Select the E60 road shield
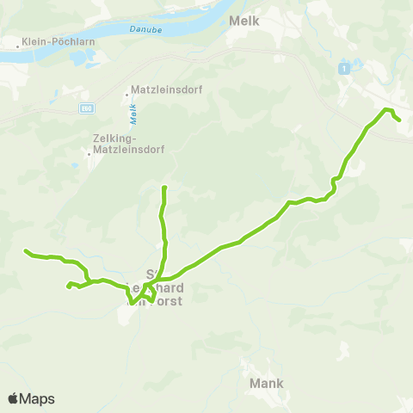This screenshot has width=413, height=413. [x=86, y=108]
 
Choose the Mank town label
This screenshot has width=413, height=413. [x=265, y=382]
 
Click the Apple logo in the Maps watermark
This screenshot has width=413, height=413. [x=14, y=398]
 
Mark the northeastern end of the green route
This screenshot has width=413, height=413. [x=399, y=120]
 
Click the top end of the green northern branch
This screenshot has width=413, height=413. [x=163, y=187]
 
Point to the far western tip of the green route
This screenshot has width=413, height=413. [x=26, y=251]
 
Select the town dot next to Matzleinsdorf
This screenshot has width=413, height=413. [x=127, y=89]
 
